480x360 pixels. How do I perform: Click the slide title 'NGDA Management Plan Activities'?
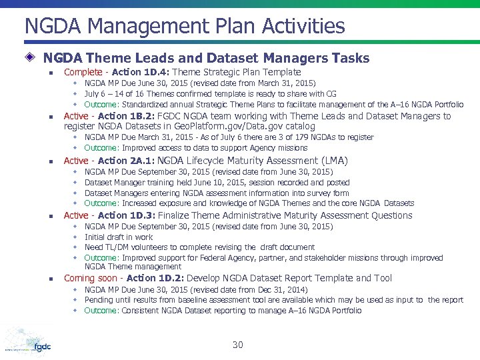[x=185, y=27]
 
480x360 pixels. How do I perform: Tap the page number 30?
[x=238, y=345]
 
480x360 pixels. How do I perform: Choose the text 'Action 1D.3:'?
[x=127, y=215]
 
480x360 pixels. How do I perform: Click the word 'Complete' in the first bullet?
[x=83, y=72]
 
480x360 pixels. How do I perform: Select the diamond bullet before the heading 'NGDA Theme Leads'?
[x=32, y=58]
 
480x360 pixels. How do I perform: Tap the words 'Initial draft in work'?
[x=119, y=237]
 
